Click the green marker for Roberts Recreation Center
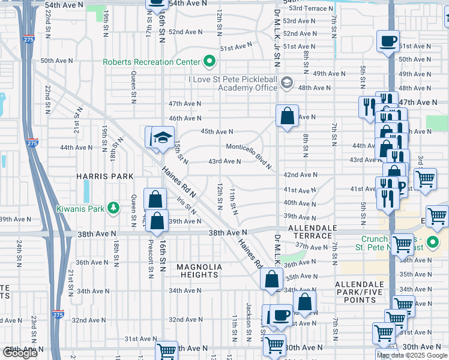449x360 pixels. coord(209,61)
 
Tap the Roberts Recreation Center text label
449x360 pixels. coord(152,61)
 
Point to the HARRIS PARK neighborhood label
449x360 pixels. coord(96,177)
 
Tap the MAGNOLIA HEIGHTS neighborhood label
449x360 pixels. coord(199,271)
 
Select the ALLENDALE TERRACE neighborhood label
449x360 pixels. coord(310,232)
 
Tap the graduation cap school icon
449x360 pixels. coord(162,137)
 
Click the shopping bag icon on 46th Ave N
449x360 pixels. coord(288,115)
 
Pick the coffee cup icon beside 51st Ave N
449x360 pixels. coord(388,41)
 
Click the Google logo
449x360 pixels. coord(20,353)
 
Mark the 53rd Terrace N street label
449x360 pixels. coord(310,8)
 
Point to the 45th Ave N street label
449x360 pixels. coord(216,131)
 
